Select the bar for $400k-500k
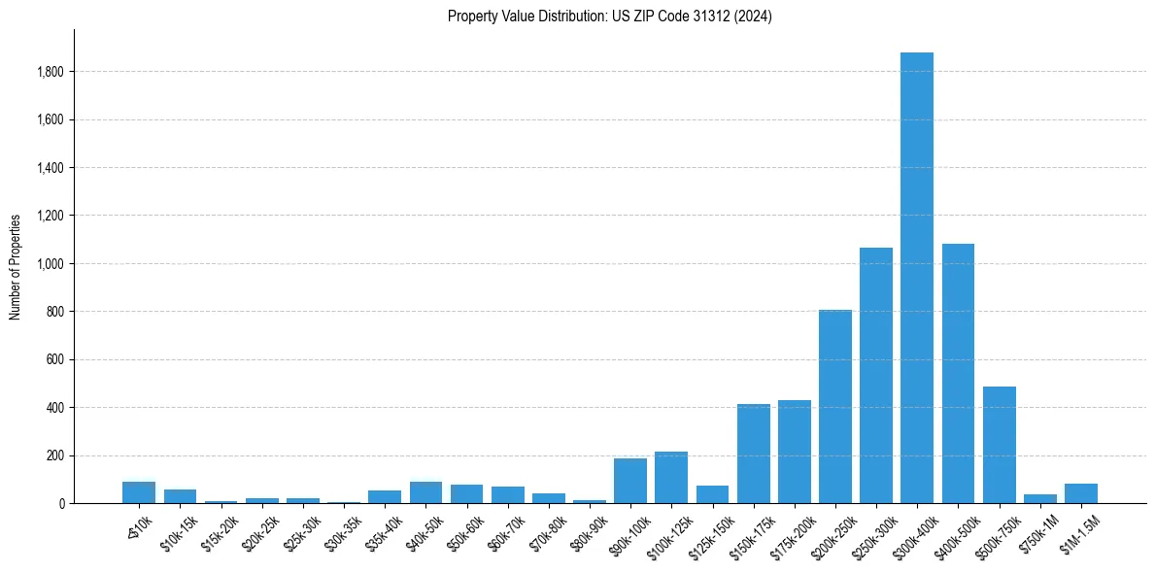(x=958, y=374)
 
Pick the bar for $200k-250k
(x=834, y=407)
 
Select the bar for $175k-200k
(x=794, y=452)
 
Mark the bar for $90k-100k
(x=630, y=481)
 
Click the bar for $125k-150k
(x=712, y=494)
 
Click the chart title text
(x=609, y=16)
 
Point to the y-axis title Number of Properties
(x=16, y=266)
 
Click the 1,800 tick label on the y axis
(x=51, y=72)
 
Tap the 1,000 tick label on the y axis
(x=51, y=263)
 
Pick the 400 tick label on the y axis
(x=55, y=408)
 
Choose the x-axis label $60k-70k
(x=507, y=531)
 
